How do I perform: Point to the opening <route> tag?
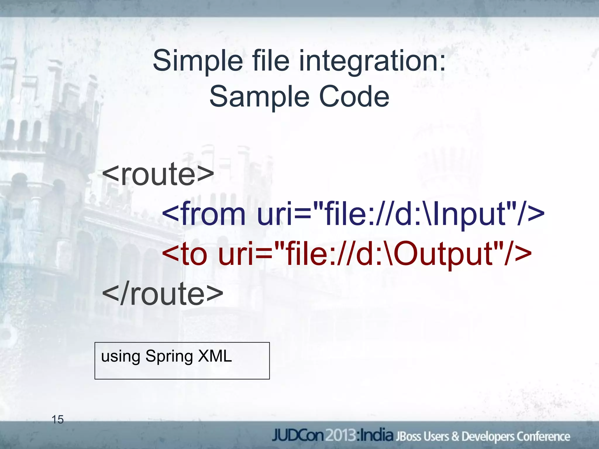pyautogui.click(x=158, y=175)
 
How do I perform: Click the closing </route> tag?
pyautogui.click(x=163, y=294)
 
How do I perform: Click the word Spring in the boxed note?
pyautogui.click(x=169, y=357)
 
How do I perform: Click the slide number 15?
pyautogui.click(x=58, y=420)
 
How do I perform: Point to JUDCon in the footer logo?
pyautogui.click(x=298, y=436)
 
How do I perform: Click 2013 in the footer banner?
pyautogui.click(x=341, y=436)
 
